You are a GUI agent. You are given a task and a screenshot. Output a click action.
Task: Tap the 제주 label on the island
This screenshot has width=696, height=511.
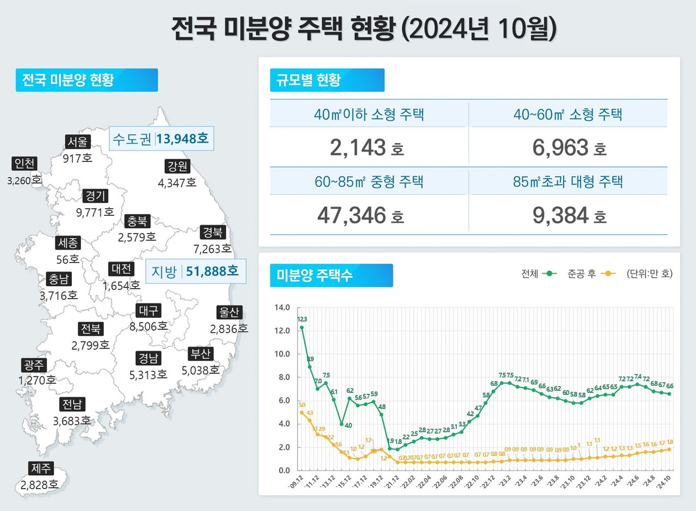point(40,468)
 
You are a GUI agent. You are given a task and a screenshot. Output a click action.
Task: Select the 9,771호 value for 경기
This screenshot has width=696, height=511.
point(95,211)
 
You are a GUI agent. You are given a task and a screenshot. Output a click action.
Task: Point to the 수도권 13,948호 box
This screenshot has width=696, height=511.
point(160,139)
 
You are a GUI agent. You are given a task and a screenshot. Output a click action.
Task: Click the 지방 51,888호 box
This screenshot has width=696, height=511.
point(196,271)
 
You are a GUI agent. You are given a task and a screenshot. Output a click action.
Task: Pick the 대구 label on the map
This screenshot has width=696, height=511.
point(148,311)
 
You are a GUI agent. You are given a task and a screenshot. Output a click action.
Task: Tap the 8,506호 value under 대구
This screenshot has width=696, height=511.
point(148,326)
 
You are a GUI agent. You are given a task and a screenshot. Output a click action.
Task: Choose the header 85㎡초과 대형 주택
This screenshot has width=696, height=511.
point(568,182)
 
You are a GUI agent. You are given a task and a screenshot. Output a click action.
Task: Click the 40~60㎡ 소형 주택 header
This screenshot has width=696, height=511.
point(568,114)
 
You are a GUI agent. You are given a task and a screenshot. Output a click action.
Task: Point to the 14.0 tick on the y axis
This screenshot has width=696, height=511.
point(283,308)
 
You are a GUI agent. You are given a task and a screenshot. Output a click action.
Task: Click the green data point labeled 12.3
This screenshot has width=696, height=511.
point(302,328)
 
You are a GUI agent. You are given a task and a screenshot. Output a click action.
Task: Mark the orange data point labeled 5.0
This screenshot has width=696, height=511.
point(302,413)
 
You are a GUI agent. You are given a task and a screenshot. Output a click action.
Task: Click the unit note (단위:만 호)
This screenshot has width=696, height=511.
point(649,273)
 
